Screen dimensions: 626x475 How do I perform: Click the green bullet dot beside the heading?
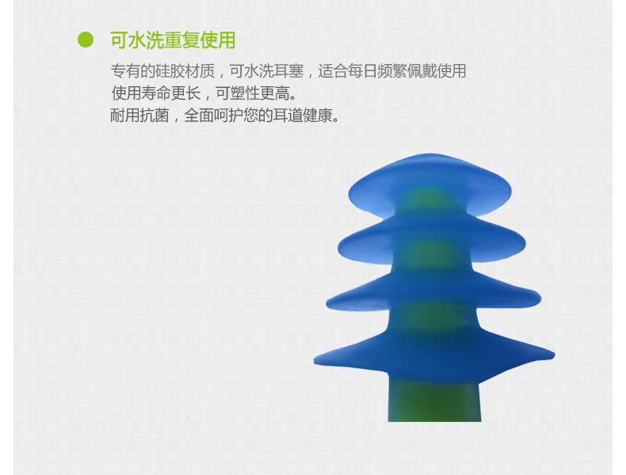(x=86, y=40)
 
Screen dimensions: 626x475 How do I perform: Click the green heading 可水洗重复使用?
(x=173, y=40)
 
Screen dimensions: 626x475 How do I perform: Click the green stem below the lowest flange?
(x=434, y=401)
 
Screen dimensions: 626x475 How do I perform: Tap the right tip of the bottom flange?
(x=554, y=354)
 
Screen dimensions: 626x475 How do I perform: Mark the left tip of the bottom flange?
(x=315, y=361)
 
